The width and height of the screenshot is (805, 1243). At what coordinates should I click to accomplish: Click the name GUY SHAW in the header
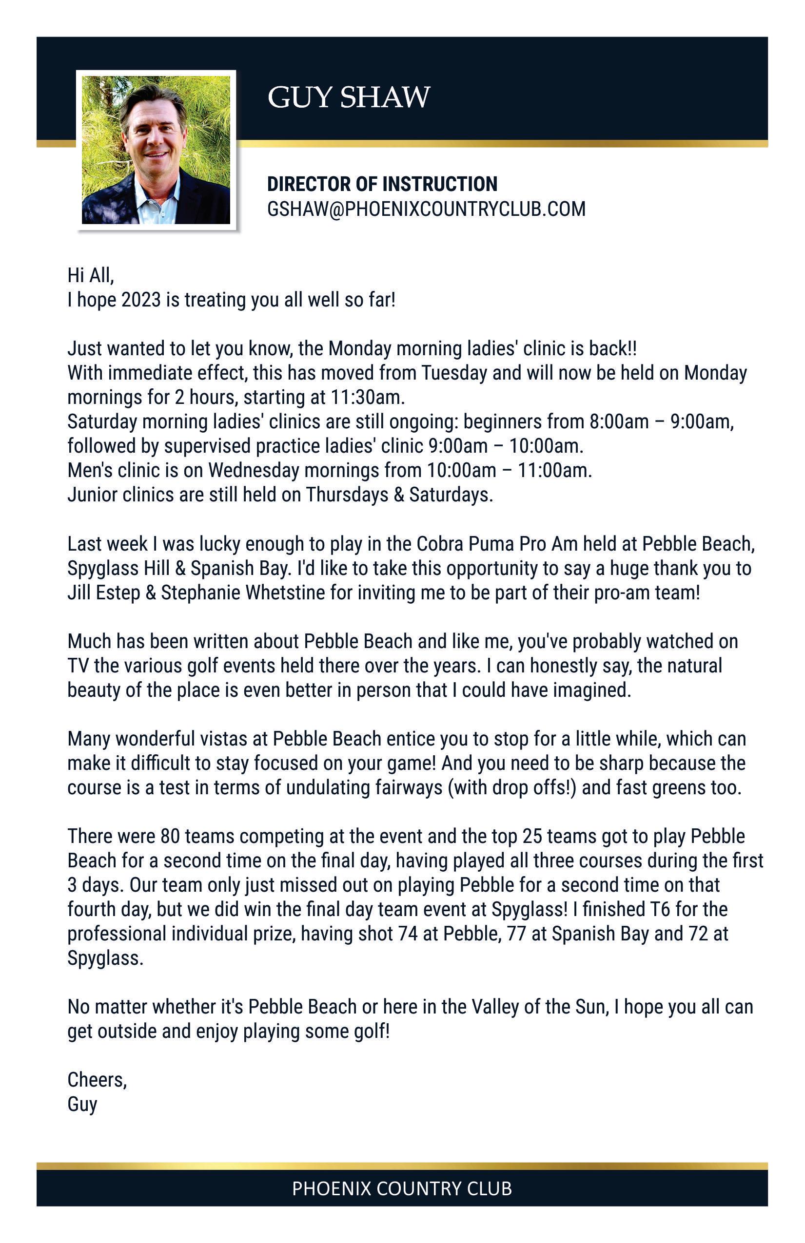click(x=349, y=97)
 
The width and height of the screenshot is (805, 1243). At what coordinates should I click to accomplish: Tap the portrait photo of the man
click(x=156, y=150)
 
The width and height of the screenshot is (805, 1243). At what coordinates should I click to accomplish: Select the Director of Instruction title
click(x=382, y=184)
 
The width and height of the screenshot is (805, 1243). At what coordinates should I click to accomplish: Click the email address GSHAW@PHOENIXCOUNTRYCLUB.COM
click(x=426, y=209)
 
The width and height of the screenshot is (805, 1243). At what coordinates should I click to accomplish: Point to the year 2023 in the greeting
click(x=141, y=300)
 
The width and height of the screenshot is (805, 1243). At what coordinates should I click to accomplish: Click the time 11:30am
click(x=368, y=398)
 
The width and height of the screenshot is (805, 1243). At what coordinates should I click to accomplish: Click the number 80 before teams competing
click(x=170, y=837)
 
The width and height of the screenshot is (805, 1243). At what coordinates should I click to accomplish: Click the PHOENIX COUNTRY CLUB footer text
click(x=402, y=1189)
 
